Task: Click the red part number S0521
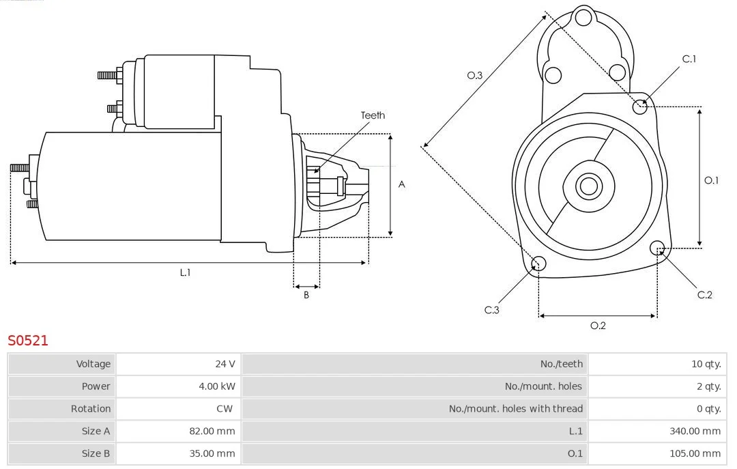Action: [28, 340]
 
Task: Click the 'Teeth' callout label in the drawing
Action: [373, 115]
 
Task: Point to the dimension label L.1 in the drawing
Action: [185, 272]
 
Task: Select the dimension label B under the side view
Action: [306, 296]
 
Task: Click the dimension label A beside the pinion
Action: [402, 184]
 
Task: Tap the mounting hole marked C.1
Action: [640, 106]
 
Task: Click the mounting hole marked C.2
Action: [658, 247]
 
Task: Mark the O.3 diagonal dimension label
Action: [475, 76]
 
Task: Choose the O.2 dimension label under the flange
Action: [598, 326]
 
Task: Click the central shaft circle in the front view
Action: [588, 185]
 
